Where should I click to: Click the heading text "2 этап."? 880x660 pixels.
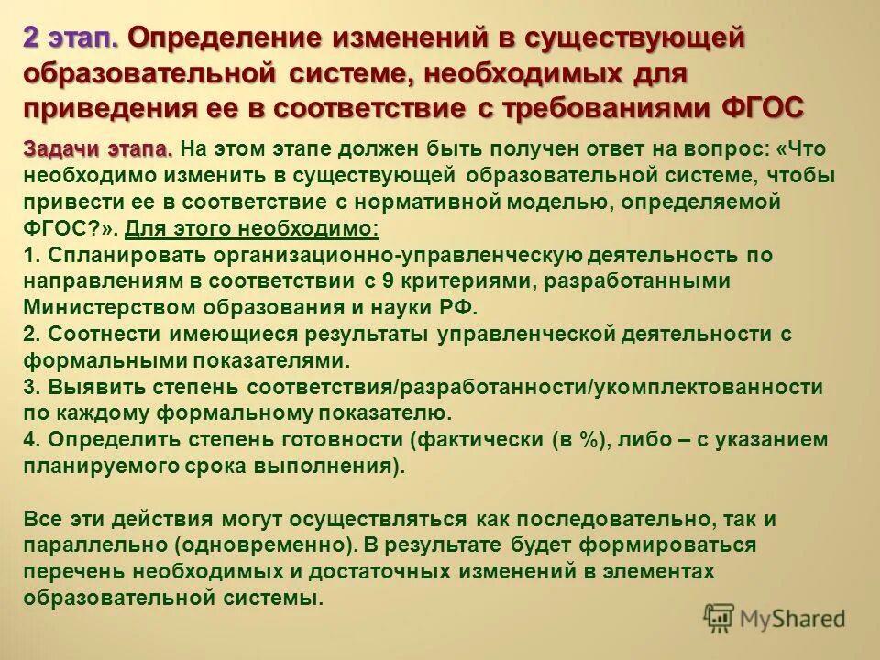71,39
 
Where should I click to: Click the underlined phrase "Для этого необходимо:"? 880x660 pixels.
251,228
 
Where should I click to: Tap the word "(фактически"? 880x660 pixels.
478,440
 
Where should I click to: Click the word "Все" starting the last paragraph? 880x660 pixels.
45,520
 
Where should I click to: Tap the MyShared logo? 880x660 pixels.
775,618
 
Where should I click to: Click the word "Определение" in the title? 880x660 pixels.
232,39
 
